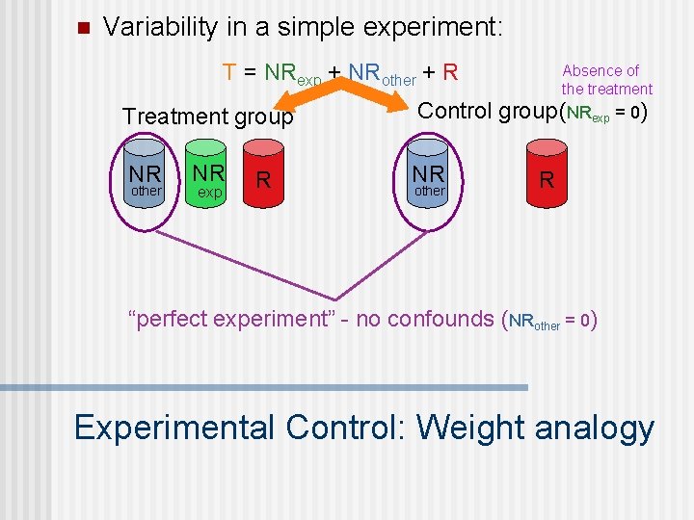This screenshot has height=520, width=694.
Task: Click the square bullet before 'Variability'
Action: click(82, 27)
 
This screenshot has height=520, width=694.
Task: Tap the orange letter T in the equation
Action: click(229, 72)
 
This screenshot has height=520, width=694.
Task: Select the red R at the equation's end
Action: click(450, 72)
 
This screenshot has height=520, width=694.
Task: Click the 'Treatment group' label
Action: click(207, 117)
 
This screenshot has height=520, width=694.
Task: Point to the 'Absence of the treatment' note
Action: click(605, 79)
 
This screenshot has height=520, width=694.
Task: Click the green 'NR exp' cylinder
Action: click(208, 176)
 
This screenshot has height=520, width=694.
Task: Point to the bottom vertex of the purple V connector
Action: click(337, 296)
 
